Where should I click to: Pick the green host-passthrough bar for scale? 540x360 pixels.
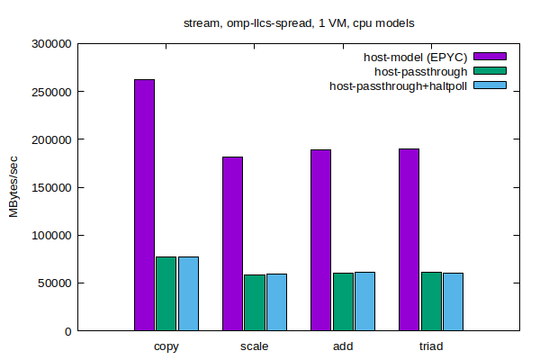tap(254, 302)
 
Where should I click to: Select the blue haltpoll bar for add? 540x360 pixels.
tap(364, 301)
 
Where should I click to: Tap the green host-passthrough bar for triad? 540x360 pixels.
tap(430, 301)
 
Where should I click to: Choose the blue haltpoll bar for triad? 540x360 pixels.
tap(453, 301)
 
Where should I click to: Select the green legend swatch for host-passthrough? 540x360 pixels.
tap(490, 71)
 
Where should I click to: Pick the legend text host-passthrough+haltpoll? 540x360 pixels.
tap(399, 86)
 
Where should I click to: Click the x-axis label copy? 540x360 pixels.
tap(166, 346)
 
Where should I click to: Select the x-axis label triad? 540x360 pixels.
tap(430, 346)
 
